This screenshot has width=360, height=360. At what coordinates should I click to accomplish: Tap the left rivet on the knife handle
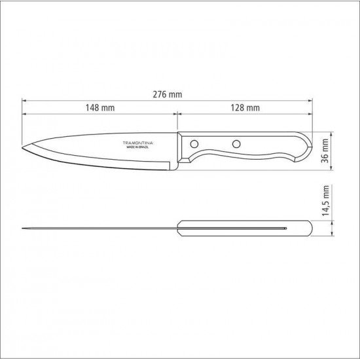pos(194,143)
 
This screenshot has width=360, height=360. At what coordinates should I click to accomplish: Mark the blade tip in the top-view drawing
pos(23,228)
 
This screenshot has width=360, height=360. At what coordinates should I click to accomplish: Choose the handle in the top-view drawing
pos(245,228)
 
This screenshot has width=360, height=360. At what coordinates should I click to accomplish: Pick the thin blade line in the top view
pos(98,228)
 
